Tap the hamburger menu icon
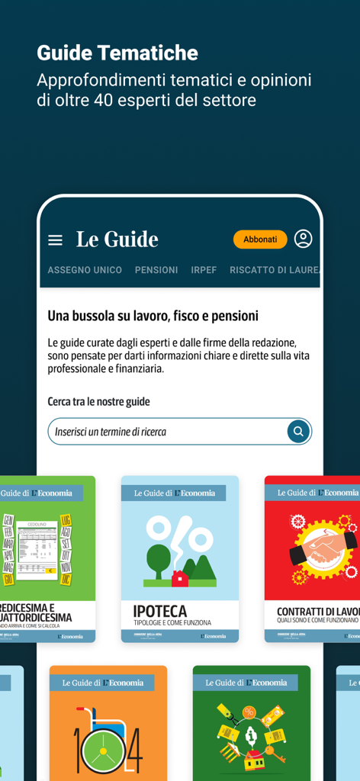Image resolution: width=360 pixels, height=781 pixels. click(55, 240)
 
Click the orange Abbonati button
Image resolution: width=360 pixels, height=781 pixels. click(260, 239)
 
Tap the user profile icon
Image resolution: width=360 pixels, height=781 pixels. click(303, 239)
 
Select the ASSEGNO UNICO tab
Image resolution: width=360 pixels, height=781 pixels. click(85, 270)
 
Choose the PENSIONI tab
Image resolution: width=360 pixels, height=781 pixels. click(156, 270)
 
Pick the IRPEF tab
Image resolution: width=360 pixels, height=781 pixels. click(204, 270)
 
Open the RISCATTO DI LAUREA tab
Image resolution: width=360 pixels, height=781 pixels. click(275, 270)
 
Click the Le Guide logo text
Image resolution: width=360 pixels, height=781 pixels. click(117, 239)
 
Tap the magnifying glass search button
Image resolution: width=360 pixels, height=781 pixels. click(298, 432)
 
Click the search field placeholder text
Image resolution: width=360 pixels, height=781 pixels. click(111, 432)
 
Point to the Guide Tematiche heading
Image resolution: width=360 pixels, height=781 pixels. click(117, 53)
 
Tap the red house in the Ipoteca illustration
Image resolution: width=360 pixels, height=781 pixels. click(180, 578)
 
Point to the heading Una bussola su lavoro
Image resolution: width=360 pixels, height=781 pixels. click(153, 316)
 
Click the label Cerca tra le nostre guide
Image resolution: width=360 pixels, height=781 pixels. click(98, 401)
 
